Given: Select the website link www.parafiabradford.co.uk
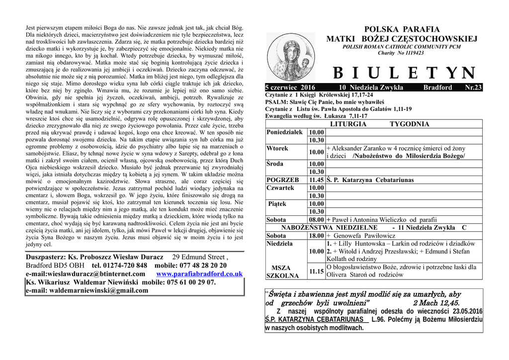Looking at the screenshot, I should pos(199,274).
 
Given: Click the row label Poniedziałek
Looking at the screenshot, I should pos(284,132).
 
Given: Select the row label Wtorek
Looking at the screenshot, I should pos(277,148).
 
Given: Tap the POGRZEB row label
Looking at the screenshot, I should pos(283,180).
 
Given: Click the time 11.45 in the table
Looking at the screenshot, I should pos(317,180).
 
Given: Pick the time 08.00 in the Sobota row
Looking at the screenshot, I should pos(317,219).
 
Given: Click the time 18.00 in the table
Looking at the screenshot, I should pos(317,235).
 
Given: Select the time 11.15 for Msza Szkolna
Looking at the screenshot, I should pos(317,271).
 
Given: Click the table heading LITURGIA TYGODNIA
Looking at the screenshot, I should pos(381,124).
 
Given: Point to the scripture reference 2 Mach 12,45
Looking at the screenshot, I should pos(436,302).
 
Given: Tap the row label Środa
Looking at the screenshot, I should pos(275,164).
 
